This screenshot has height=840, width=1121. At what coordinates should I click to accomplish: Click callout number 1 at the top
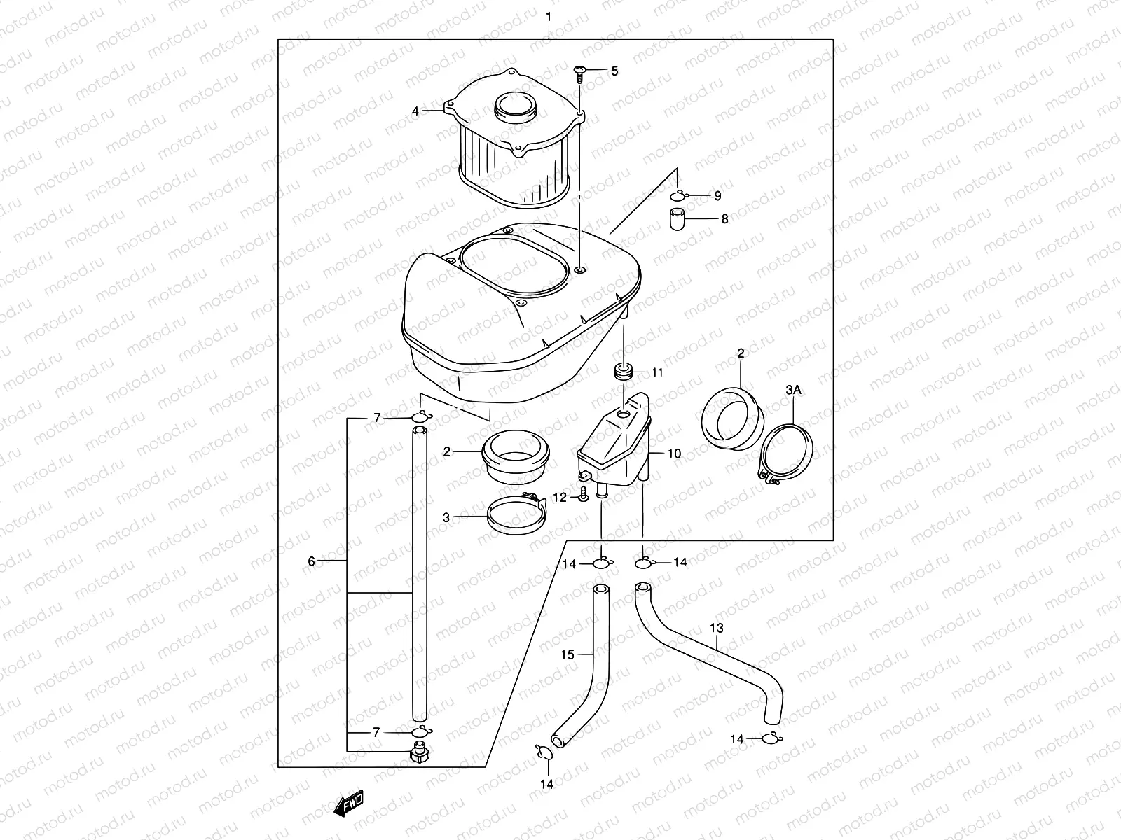[x=549, y=16]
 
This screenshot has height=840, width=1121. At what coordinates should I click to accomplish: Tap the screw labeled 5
[x=580, y=73]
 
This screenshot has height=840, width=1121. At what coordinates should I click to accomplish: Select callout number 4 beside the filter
[x=415, y=111]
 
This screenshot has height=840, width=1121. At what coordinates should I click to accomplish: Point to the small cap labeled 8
[x=675, y=218]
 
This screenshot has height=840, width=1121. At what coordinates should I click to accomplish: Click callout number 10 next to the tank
[x=674, y=454]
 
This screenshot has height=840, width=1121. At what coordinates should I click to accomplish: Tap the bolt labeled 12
[x=582, y=497]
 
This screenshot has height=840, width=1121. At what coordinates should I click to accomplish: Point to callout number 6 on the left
[x=312, y=561]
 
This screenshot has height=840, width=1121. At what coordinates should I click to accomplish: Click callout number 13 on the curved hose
[x=717, y=629]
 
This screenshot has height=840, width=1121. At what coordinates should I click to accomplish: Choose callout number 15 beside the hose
[x=568, y=654]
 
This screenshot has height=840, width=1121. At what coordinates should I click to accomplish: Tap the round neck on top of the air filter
[x=516, y=108]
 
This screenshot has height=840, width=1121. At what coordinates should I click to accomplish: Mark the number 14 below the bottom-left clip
[x=547, y=784]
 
